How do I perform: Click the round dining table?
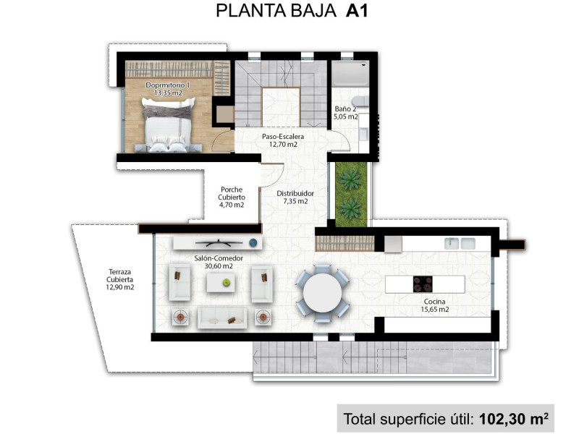click(322, 293)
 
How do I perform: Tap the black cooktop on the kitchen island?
click(423, 284)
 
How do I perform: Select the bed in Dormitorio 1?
click(169, 124)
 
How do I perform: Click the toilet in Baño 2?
click(360, 101)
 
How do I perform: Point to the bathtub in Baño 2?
click(350, 74)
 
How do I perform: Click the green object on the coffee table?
click(226, 283)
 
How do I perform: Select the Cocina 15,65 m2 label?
click(435, 305)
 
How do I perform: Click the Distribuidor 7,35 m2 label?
click(295, 197)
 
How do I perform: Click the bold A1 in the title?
click(357, 11)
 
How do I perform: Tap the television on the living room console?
click(219, 242)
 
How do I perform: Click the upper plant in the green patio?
click(350, 179)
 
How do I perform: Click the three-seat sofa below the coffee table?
click(222, 318)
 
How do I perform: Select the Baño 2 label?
click(345, 109)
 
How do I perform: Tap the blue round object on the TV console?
click(253, 243)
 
